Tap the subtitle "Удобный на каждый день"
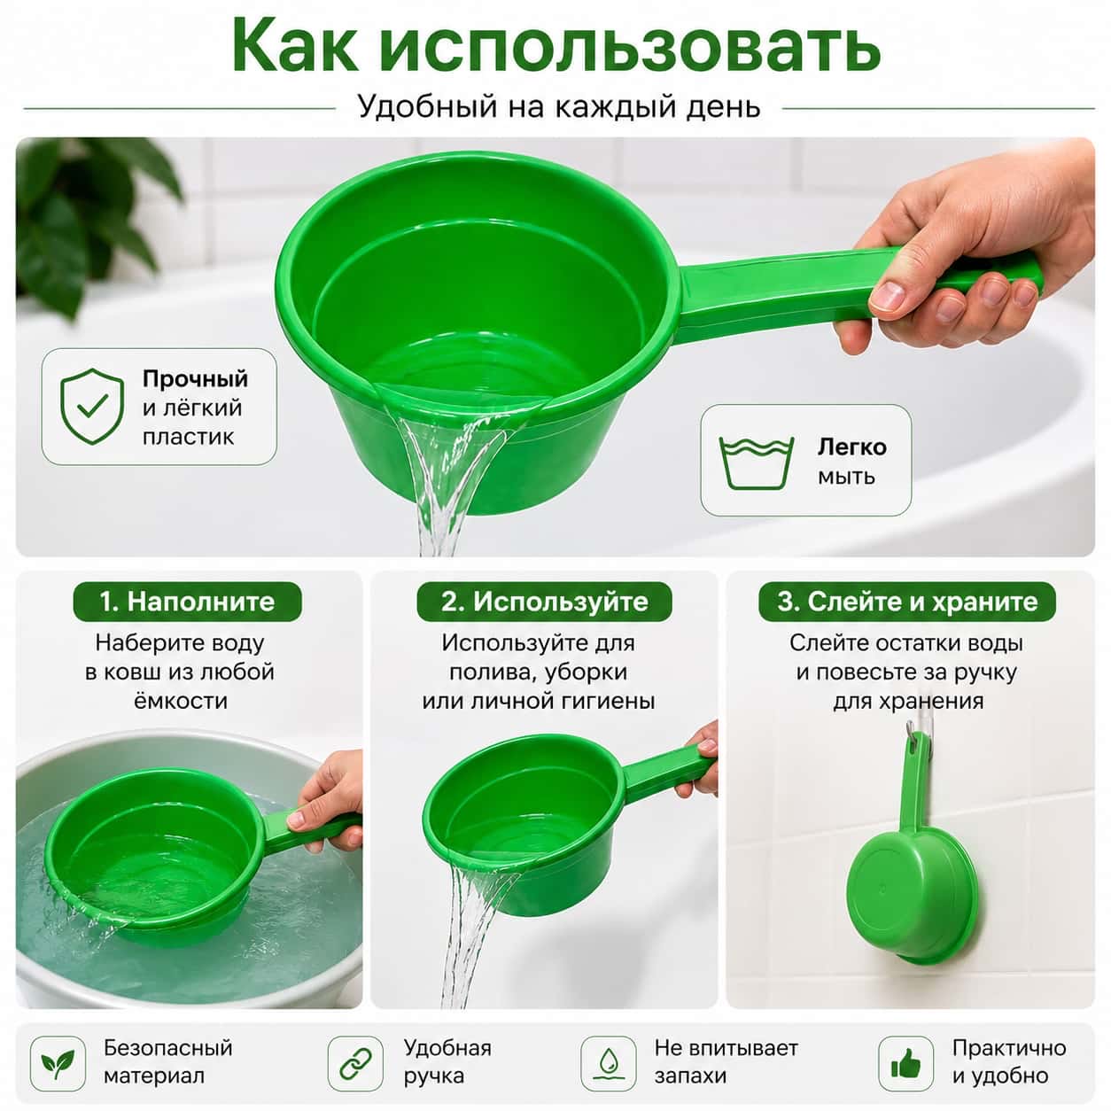(x=559, y=106)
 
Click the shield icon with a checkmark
(x=92, y=407)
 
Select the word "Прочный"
(x=195, y=379)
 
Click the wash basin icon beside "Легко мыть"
(x=757, y=463)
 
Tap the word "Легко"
(x=851, y=447)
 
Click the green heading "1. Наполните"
(x=187, y=602)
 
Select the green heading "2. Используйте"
(x=544, y=602)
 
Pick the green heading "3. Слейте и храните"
(x=907, y=602)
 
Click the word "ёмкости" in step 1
(x=181, y=701)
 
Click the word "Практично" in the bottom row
(x=1009, y=1048)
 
